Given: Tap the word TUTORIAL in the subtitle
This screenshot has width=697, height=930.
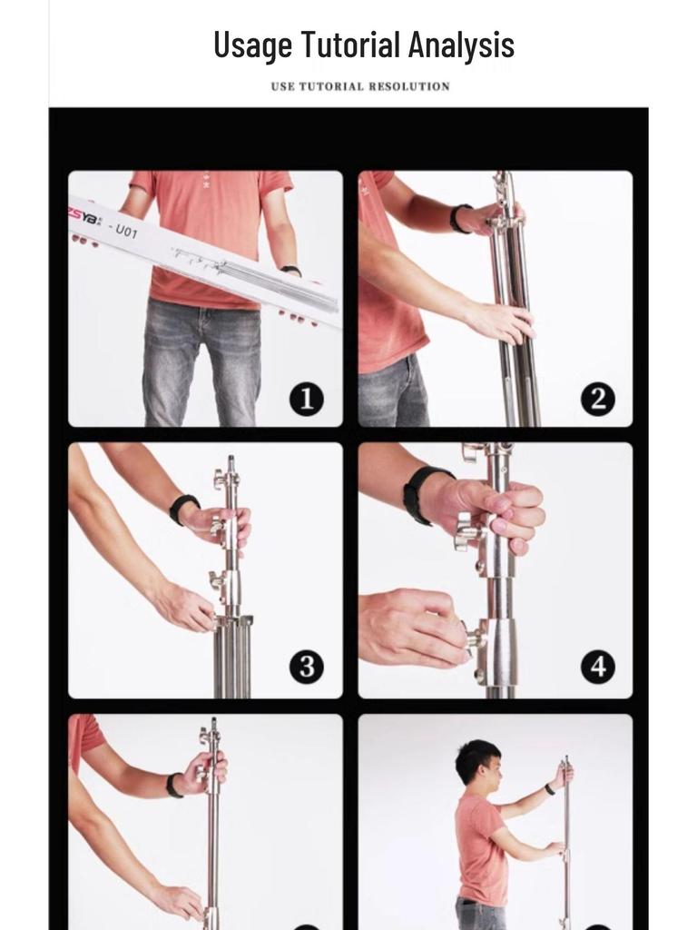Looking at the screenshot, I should tap(339, 86).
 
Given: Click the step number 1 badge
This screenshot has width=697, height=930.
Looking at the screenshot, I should tap(306, 399).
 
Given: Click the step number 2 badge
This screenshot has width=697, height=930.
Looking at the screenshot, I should tap(597, 399).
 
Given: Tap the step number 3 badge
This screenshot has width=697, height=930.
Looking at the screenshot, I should tap(306, 668).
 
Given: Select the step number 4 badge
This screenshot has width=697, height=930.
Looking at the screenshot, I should tap(597, 668).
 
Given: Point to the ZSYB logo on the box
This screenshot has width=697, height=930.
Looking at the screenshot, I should tap(86, 217).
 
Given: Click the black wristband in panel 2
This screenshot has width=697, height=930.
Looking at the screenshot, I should tap(459, 218).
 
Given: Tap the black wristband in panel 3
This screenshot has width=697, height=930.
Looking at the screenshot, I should tap(182, 508).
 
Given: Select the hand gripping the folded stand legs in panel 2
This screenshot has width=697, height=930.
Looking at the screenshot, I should tap(499, 321).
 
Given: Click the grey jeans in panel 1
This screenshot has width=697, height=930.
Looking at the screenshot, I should tap(201, 363).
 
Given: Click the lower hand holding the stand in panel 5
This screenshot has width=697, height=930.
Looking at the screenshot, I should tap(179, 901).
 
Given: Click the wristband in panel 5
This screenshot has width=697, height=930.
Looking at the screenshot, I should tap(172, 786).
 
